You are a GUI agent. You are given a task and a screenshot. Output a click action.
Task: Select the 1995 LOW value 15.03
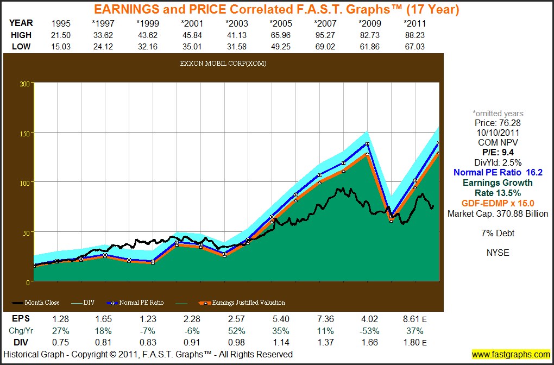61,46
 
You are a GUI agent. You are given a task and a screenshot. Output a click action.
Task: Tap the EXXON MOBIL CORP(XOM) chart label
223,64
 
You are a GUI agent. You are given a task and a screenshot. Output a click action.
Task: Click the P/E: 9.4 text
498,152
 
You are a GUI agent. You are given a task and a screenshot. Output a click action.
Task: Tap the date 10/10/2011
498,133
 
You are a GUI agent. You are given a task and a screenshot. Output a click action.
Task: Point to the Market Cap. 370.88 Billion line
498,214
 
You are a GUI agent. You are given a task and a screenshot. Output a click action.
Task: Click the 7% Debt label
498,234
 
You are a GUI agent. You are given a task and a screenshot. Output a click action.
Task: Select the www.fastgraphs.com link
511,355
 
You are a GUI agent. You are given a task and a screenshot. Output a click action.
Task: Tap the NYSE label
498,253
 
